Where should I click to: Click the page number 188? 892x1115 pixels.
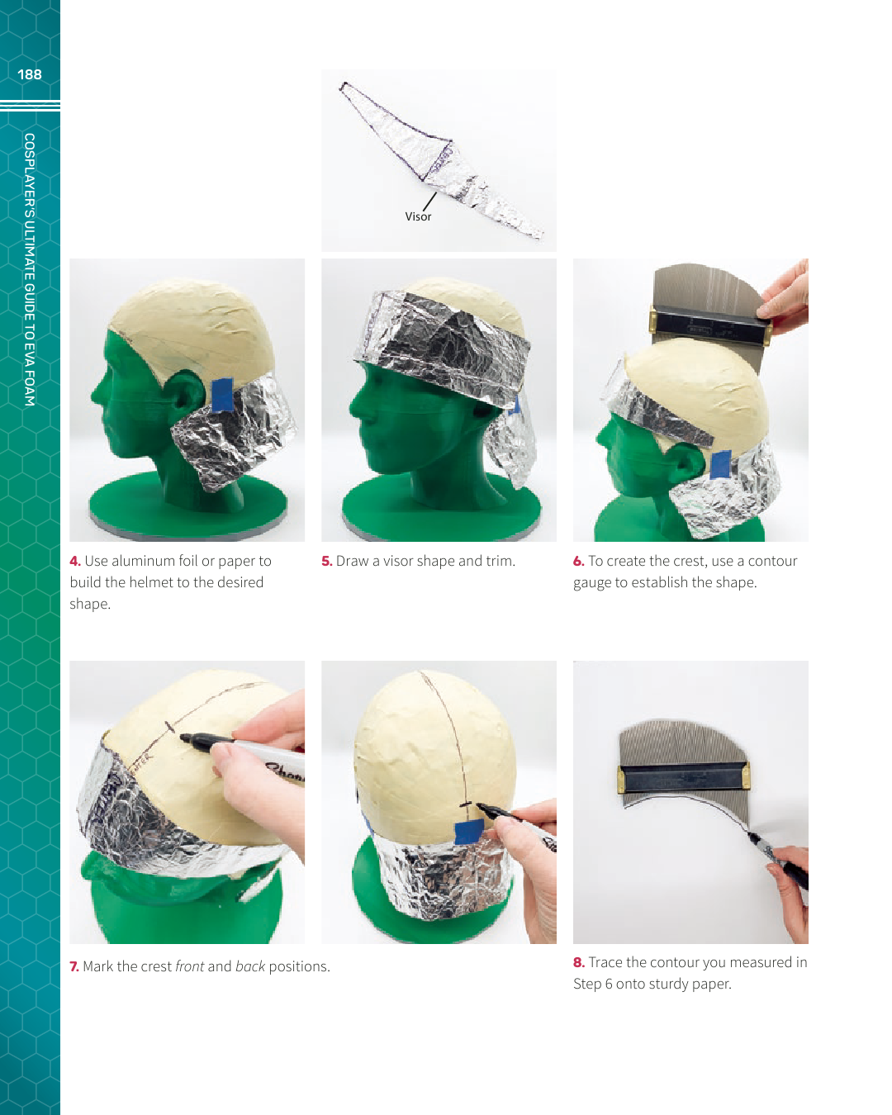(30, 74)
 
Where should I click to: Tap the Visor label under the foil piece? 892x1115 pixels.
(418, 216)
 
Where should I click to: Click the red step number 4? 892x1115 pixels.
(75, 561)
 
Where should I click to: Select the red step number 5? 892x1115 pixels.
(326, 561)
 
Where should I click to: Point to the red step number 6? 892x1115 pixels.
(578, 561)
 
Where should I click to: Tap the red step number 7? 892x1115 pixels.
(74, 966)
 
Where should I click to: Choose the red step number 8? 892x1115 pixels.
(579, 962)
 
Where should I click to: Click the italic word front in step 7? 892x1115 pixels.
(190, 966)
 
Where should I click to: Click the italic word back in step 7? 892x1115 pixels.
(249, 966)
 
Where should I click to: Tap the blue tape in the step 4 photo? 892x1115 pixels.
(223, 395)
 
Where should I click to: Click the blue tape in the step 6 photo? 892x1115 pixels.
(720, 463)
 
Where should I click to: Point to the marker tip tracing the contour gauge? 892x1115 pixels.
(748, 832)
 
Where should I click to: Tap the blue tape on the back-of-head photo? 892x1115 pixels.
(469, 833)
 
